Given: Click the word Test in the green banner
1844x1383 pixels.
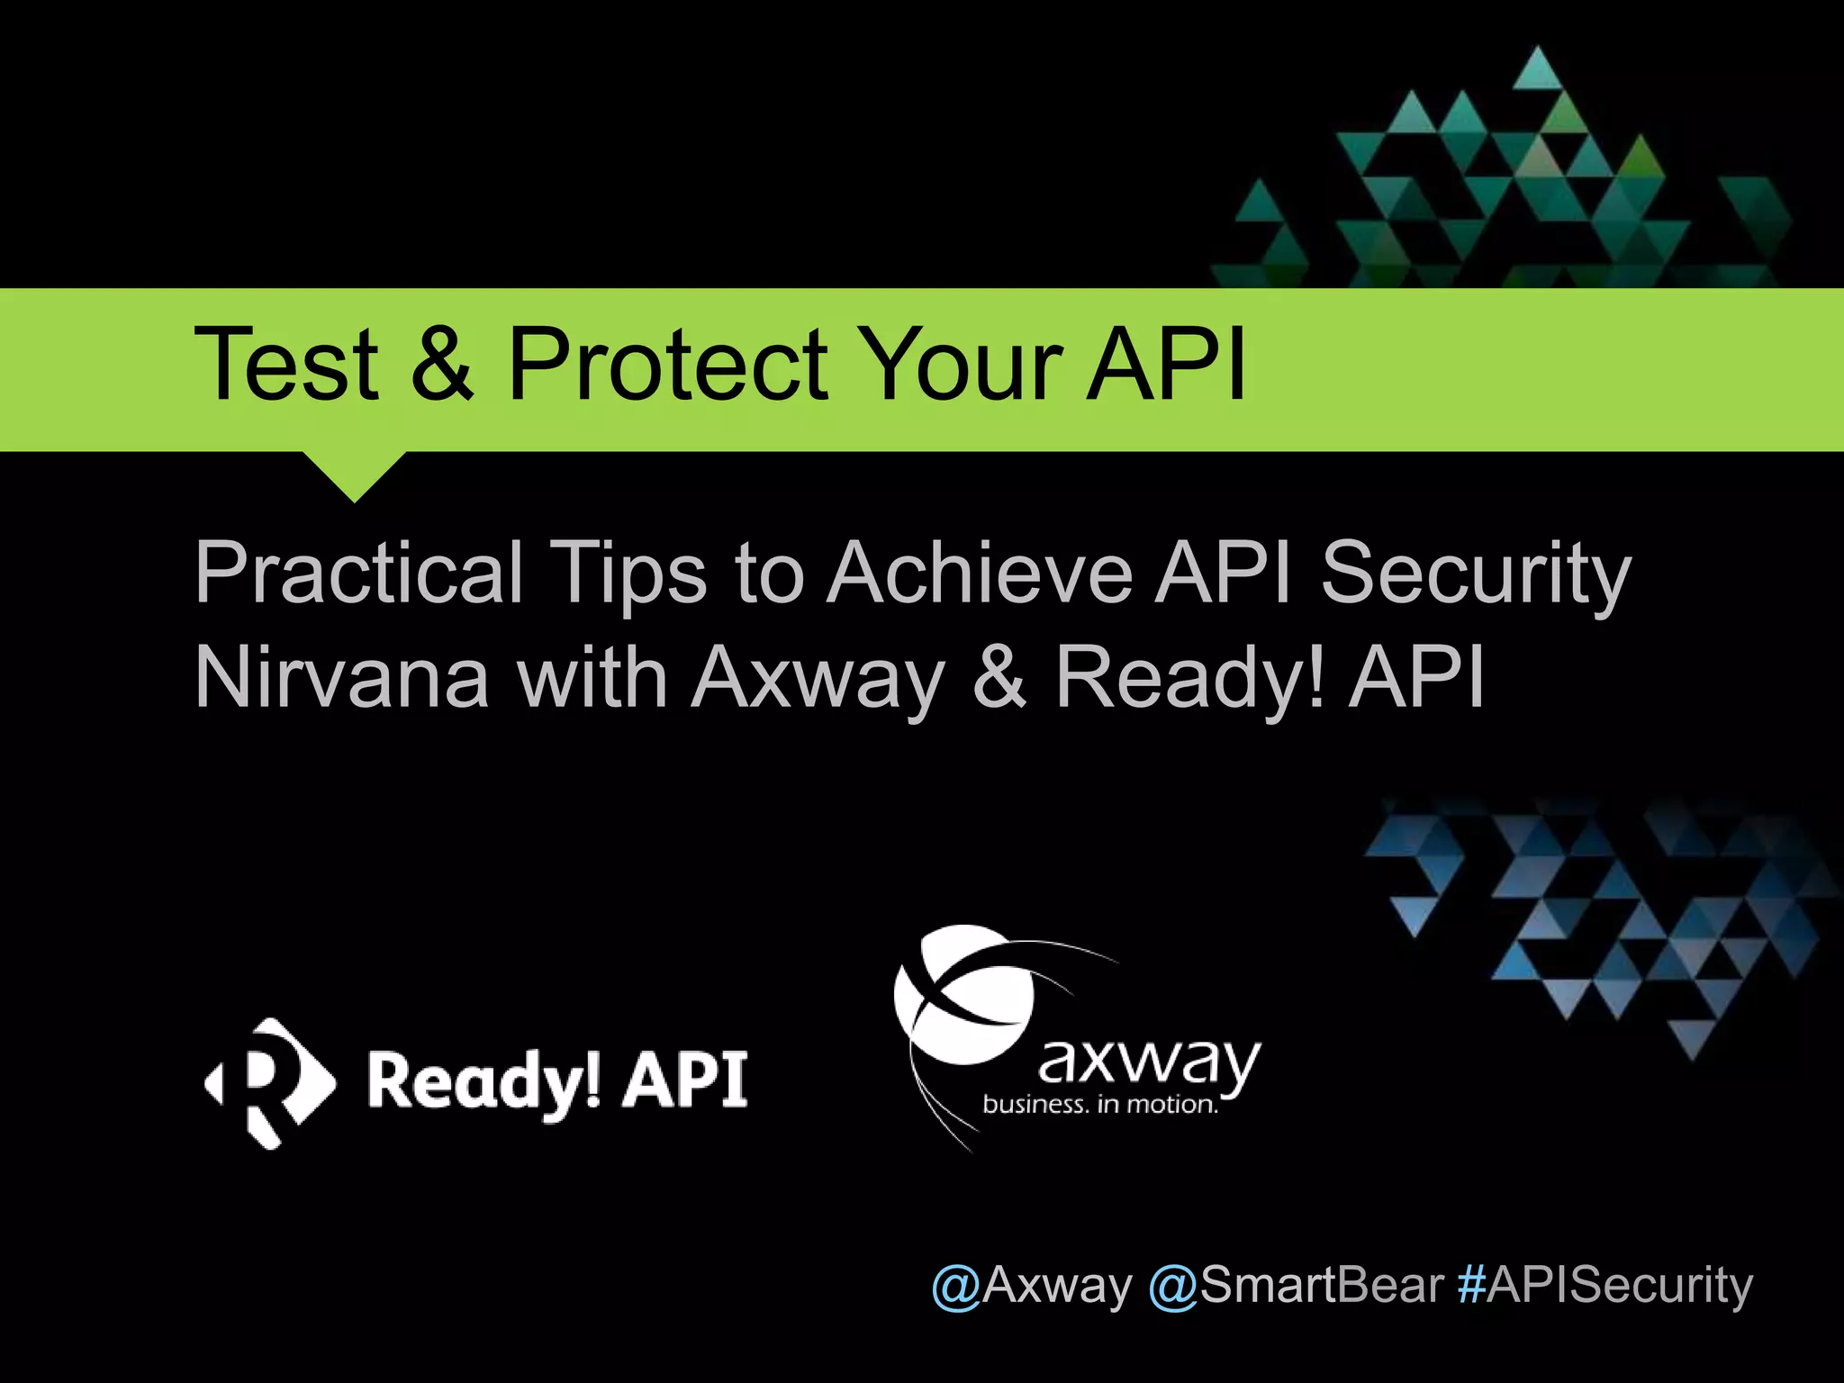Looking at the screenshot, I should coord(285,365).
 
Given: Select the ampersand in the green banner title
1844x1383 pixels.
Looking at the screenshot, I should coord(442,365).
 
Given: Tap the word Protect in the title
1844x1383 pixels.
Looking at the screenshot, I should coord(667,365).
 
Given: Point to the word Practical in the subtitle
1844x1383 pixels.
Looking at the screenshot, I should coord(358,574).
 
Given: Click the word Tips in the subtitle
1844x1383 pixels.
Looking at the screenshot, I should coord(629,574).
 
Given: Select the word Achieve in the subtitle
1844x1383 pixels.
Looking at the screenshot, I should coord(981,573).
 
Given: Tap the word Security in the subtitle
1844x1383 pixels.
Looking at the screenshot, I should coord(1476,574).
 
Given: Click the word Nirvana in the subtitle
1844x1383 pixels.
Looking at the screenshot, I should coord(342,677).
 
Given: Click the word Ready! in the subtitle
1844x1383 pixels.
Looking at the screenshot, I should coord(1189,677).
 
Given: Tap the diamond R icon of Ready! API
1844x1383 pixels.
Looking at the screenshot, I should coord(269,1083).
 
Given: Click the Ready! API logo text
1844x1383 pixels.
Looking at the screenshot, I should coord(557,1081).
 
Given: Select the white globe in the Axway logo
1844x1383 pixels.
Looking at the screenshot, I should coord(963,994).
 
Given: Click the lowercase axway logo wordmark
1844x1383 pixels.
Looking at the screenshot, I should coord(1149,1063).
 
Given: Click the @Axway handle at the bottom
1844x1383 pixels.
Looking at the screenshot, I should coord(1031,1285).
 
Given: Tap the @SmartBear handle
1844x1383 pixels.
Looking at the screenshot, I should coord(1297,1285).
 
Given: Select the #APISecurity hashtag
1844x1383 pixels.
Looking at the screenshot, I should coord(1605,1285).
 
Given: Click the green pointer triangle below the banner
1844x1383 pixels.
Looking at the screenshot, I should coord(355,473).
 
